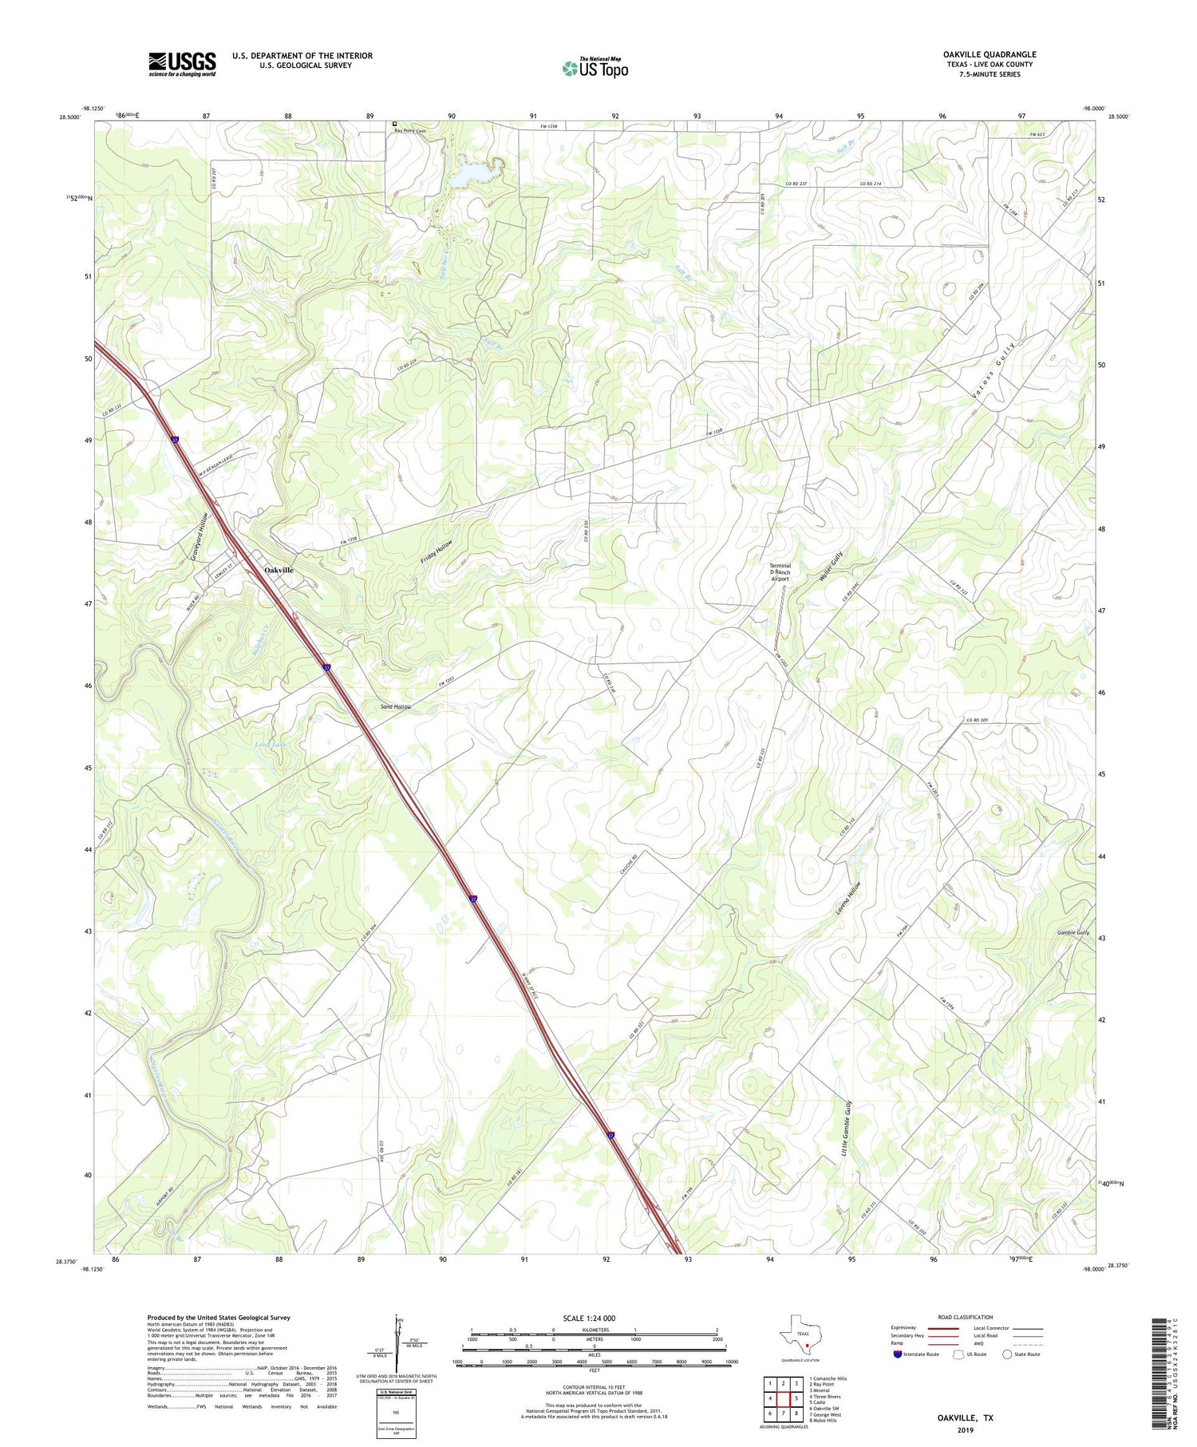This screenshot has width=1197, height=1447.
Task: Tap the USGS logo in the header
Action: pos(182,64)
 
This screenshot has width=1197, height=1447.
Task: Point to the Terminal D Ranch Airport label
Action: pos(779,573)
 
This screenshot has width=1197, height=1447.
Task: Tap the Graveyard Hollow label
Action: pos(199,536)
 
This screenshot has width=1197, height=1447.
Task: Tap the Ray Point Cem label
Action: pos(411,131)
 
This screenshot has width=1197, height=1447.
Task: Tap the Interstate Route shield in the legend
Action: pos(899,1354)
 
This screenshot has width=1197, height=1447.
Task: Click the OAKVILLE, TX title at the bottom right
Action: pos(965,1417)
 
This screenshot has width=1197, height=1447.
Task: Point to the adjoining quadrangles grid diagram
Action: pos(783,1398)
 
